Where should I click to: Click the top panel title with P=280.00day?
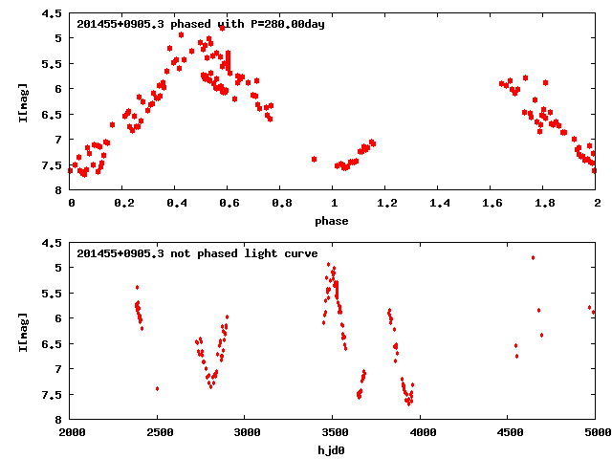[x=201, y=23]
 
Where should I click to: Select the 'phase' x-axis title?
[x=333, y=221]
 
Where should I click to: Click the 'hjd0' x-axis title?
[x=333, y=450]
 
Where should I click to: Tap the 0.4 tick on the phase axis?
[x=176, y=204]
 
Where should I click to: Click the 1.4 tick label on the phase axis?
[x=439, y=204]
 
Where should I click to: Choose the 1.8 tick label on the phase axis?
[x=544, y=204]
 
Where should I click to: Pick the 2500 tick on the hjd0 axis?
[x=159, y=433]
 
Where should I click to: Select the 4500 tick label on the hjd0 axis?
[x=509, y=433]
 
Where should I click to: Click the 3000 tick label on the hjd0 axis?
[x=246, y=433]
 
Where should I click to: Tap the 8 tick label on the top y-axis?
[x=59, y=190]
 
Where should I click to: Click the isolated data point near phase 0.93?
[x=314, y=159]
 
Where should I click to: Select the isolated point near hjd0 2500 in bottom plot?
[x=157, y=388]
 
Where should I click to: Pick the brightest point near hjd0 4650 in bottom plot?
[x=533, y=257]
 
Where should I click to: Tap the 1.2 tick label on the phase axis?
[x=386, y=204]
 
